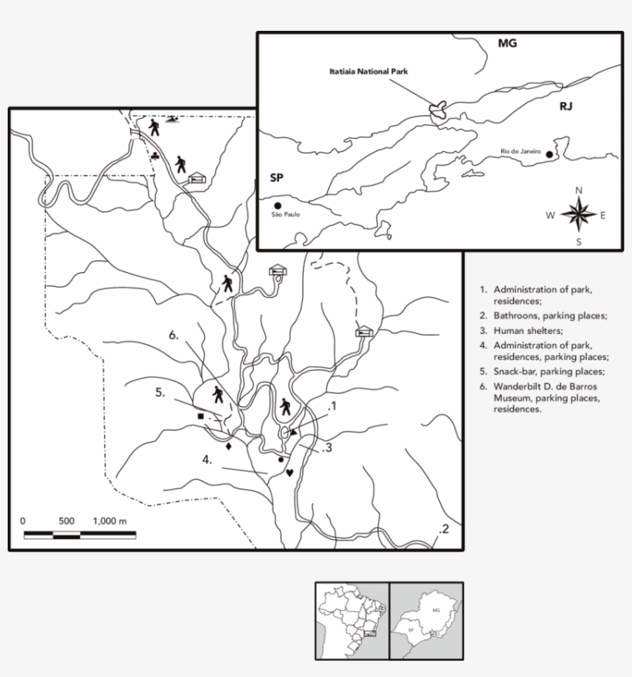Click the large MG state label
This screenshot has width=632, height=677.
click(x=506, y=43)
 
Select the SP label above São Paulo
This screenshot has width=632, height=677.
click(x=277, y=178)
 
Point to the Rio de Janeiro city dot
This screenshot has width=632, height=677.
click(x=549, y=154)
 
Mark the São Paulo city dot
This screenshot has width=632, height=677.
click(x=277, y=207)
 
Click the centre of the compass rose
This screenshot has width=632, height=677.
click(x=578, y=214)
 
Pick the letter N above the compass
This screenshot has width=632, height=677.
click(x=579, y=190)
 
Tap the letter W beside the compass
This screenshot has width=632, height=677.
click(x=550, y=216)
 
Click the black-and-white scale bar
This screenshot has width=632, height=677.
click(x=79, y=534)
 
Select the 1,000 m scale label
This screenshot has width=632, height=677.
click(x=109, y=521)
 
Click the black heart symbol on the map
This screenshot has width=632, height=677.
click(x=290, y=472)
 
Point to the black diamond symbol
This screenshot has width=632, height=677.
click(x=228, y=446)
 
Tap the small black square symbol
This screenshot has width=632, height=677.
click(x=201, y=416)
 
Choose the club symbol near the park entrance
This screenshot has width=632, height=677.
click(x=156, y=157)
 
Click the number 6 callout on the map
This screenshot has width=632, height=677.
click(x=174, y=335)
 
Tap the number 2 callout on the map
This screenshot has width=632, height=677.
click(x=443, y=529)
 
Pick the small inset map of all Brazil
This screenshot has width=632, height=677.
click(x=351, y=620)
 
